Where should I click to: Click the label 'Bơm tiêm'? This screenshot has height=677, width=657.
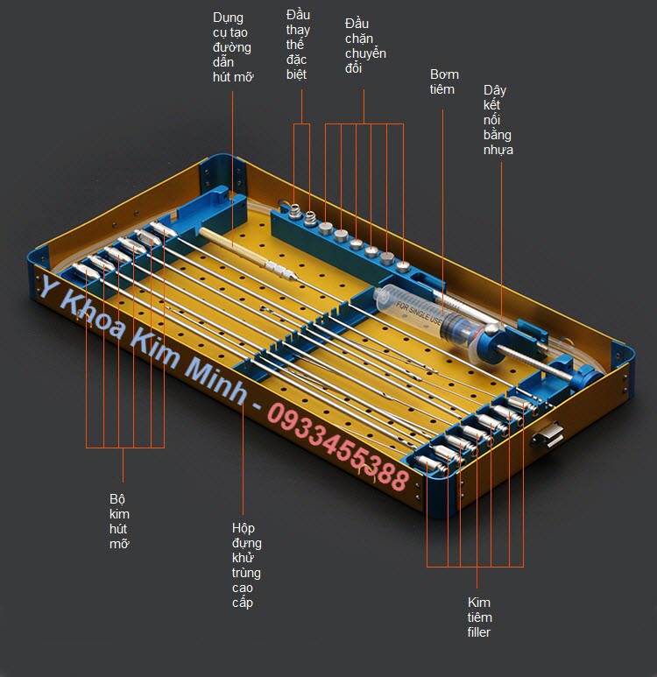pos(444,81)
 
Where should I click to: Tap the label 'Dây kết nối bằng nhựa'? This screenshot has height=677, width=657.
pos(498,120)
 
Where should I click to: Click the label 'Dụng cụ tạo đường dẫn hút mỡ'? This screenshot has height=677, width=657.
pos(232,47)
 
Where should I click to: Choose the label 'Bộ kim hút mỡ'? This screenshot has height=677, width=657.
pos(120,521)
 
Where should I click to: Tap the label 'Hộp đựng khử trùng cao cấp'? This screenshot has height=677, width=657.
pos(246,565)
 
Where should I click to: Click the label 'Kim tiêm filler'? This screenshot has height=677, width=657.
pos(479,617)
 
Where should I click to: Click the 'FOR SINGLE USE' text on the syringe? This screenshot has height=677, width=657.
pos(418,314)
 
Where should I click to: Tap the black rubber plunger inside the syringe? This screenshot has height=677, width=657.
pos(455,330)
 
